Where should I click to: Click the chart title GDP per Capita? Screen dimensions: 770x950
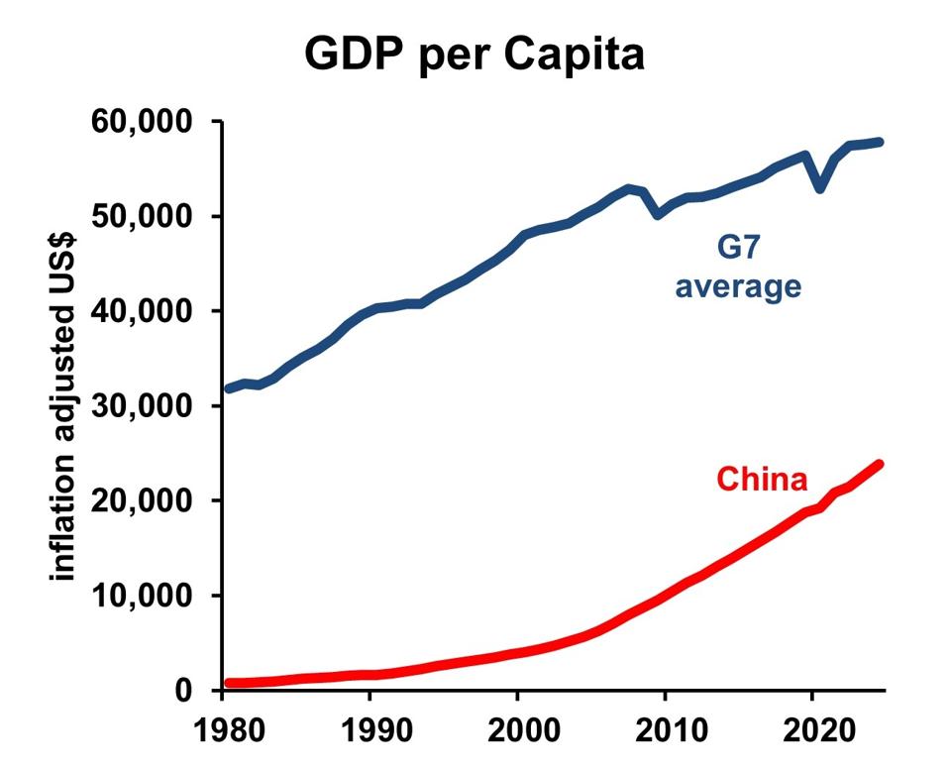click(475, 55)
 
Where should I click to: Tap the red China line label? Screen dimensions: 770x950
click(762, 480)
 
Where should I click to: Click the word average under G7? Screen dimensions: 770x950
click(738, 286)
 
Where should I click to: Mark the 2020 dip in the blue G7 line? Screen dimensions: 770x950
click(819, 187)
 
